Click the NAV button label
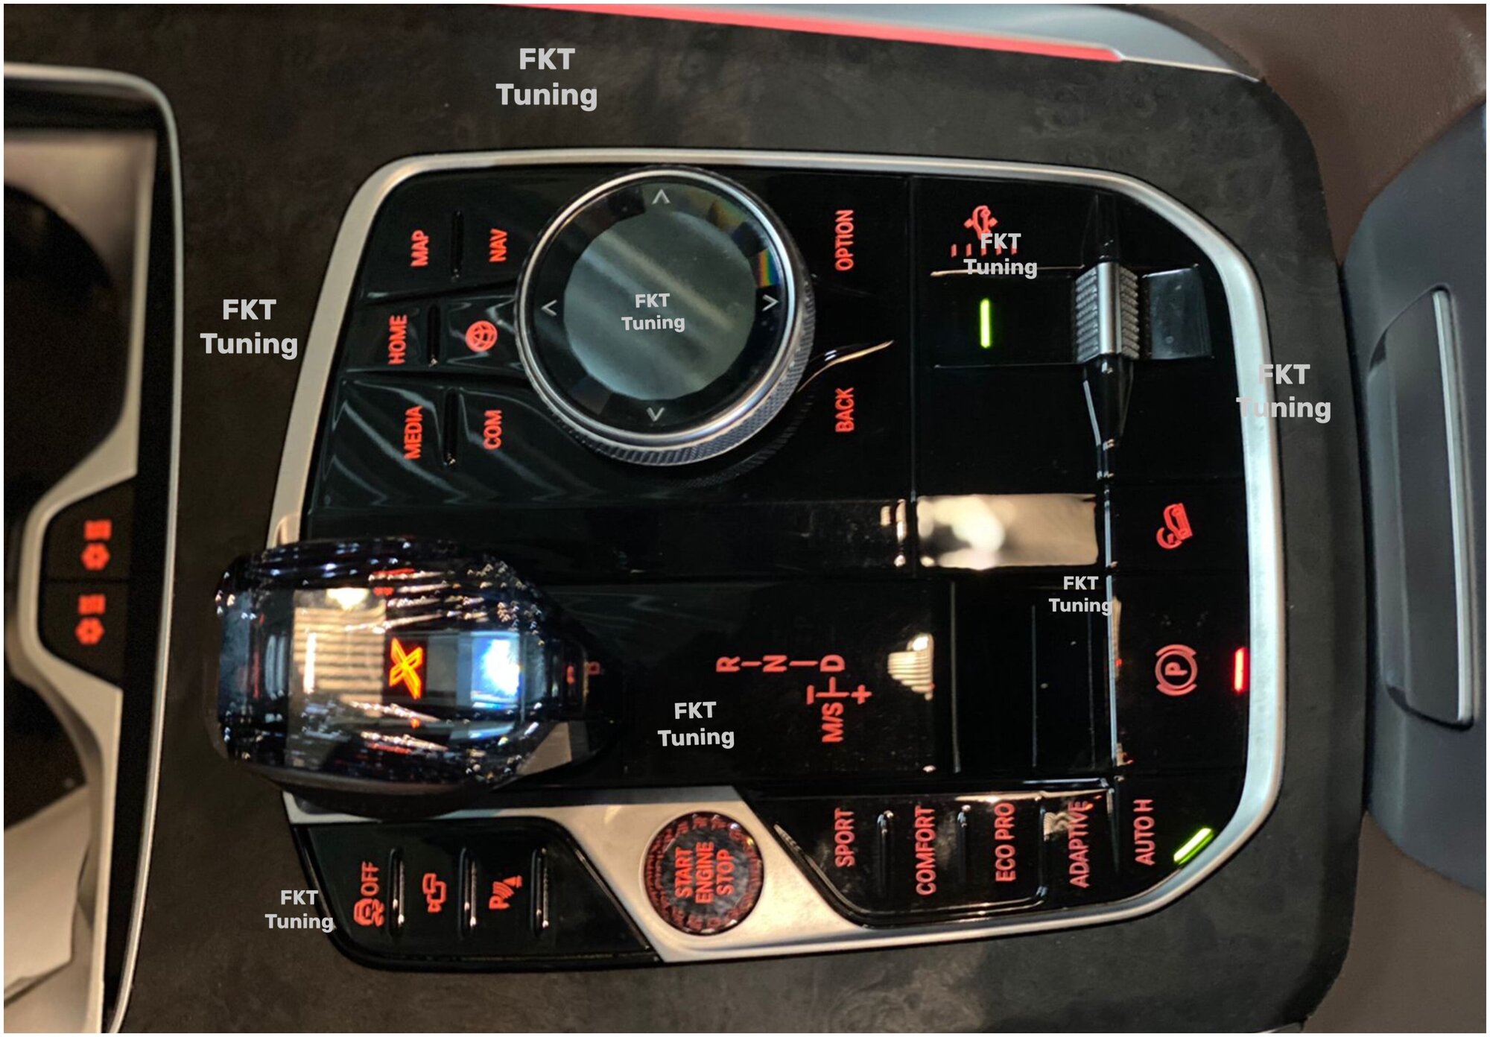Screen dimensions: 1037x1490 coord(498,245)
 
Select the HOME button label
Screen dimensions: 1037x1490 coord(398,340)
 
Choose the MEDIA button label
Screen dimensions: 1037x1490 coord(413,432)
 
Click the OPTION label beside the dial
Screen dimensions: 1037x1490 coord(844,239)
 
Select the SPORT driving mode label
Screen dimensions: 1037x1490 coord(844,838)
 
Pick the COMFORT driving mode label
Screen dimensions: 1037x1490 coord(925,850)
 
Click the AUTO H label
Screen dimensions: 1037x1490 coord(1144,832)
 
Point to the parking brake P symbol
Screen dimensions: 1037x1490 coord(1175,670)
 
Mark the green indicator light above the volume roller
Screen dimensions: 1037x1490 coord(986,323)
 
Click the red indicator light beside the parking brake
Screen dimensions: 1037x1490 coord(1240,669)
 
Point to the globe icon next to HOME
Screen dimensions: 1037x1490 coord(481,337)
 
